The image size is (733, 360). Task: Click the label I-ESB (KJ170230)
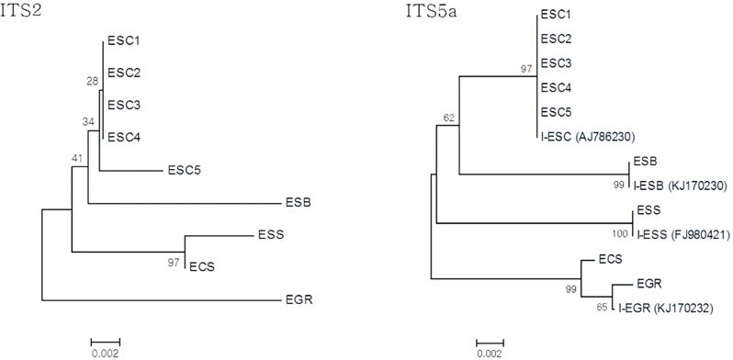point(679,186)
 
